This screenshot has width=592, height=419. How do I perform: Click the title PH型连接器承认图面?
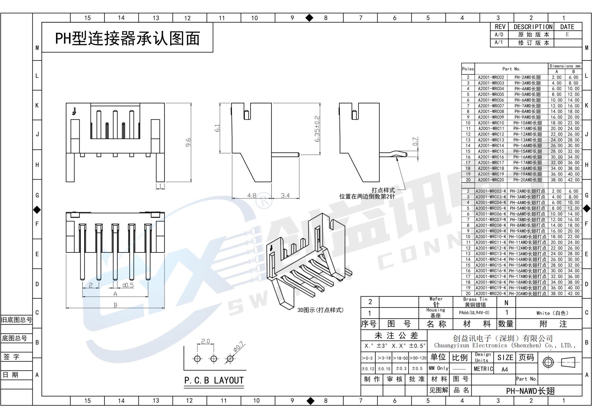pos(128,39)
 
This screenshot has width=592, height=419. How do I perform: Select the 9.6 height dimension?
pos(188,142)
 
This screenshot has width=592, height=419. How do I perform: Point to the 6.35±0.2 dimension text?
pos(317,129)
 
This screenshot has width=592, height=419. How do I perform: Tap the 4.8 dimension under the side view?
pos(252,195)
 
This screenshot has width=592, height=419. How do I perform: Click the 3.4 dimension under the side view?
pos(285,195)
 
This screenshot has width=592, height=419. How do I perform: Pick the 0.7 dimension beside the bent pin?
pos(415,142)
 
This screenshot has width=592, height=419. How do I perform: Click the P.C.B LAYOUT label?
pos(214,380)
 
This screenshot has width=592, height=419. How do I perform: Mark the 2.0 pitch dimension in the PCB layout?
pos(205,341)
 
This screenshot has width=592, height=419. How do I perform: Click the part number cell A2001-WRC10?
pos(491,123)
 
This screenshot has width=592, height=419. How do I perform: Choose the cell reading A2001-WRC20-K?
pos(491,294)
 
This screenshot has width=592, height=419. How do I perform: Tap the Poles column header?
pos(468,69)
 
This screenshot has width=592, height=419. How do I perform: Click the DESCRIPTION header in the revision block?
pos(533,27)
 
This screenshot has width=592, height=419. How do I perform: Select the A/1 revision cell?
pos(499,42)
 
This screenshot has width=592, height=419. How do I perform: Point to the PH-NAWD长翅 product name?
pos(530,391)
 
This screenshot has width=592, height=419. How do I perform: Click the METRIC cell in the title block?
pos(483,369)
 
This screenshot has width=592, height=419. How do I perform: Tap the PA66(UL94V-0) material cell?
pos(474,313)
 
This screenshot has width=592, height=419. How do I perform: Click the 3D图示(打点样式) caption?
pos(320,310)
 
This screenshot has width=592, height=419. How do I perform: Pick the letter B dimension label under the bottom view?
pos(115,305)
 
